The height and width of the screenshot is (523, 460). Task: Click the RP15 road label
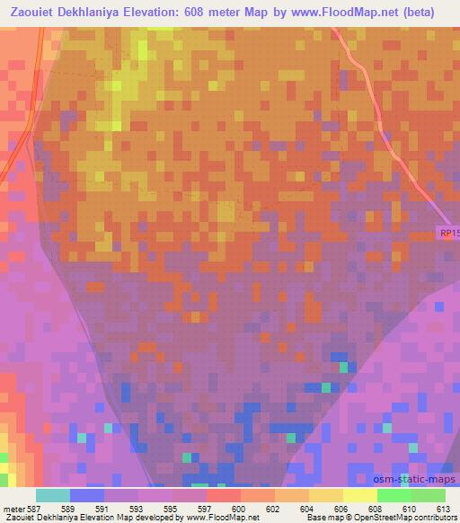point(448,233)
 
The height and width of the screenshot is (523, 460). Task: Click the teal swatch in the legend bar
point(53,495)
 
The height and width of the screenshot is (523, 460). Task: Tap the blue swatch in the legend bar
point(87,495)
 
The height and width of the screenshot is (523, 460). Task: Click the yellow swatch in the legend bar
point(359,495)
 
